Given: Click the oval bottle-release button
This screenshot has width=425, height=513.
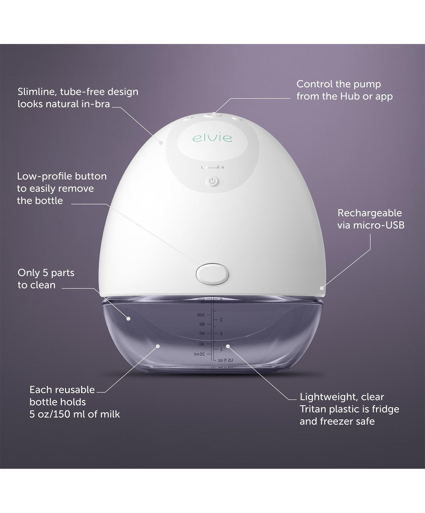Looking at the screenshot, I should pyautogui.click(x=212, y=273).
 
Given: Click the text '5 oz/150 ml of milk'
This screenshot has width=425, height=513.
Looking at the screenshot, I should pyautogui.click(x=75, y=414).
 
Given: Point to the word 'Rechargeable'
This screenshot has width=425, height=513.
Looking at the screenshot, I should pyautogui.click(x=370, y=213).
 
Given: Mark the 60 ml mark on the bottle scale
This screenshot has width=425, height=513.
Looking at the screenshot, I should pyautogui.click(x=201, y=333).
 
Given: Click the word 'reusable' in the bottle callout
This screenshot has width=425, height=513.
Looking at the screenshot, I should pyautogui.click(x=75, y=390).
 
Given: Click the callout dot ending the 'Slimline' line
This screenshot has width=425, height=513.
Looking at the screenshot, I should pyautogui.click(x=161, y=143).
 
